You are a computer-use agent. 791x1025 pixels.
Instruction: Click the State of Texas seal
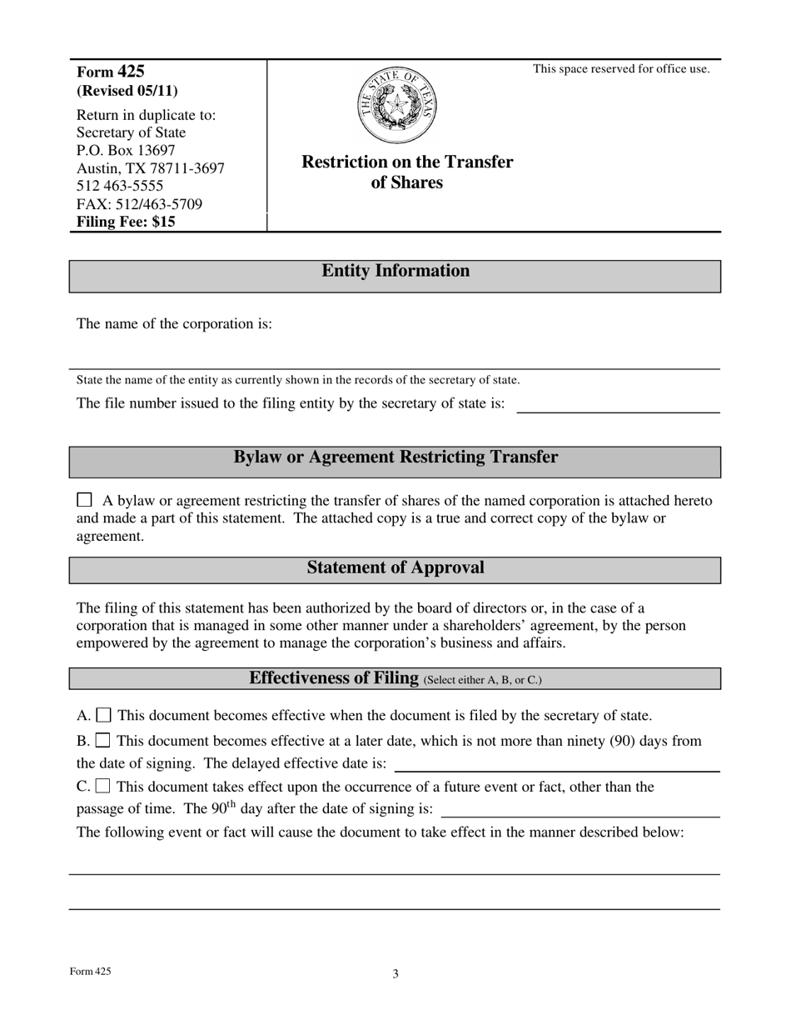pyautogui.click(x=396, y=107)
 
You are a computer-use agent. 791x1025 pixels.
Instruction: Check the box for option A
pyautogui.click(x=104, y=715)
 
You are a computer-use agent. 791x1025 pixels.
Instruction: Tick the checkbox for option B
pyautogui.click(x=103, y=740)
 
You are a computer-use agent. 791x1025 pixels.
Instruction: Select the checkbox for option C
pyautogui.click(x=103, y=786)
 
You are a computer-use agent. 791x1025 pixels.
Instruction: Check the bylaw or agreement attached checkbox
pyautogui.click(x=84, y=500)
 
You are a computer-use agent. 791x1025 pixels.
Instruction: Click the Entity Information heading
pyautogui.click(x=395, y=271)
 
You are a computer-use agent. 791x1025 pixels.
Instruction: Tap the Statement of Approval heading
pyautogui.click(x=395, y=568)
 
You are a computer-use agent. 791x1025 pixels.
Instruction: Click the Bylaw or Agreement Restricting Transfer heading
pyautogui.click(x=395, y=457)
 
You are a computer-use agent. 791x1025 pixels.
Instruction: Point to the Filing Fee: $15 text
pyautogui.click(x=126, y=222)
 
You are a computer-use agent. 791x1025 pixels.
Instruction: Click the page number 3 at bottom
pyautogui.click(x=395, y=973)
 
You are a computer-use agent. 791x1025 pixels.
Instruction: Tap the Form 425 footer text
pyautogui.click(x=90, y=972)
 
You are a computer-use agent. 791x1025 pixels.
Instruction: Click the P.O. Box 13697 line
pyautogui.click(x=126, y=151)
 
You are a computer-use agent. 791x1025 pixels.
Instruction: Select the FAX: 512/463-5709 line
pyautogui.click(x=139, y=204)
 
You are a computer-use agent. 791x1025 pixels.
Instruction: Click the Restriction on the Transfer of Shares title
pyautogui.click(x=407, y=172)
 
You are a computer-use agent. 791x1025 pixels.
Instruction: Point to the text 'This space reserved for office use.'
pyautogui.click(x=621, y=69)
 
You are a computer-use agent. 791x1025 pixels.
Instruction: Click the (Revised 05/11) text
pyautogui.click(x=127, y=91)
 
